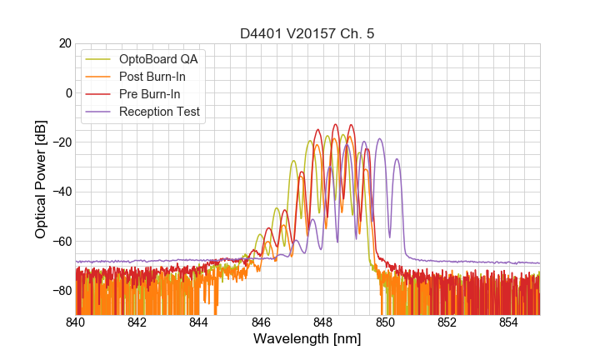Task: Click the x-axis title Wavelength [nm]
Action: click(x=307, y=340)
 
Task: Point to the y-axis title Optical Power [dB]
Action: click(x=41, y=179)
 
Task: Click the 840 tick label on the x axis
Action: click(x=76, y=322)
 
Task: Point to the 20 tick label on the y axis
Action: click(x=63, y=43)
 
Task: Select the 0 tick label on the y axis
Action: click(x=67, y=92)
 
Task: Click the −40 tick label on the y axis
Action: click(x=60, y=192)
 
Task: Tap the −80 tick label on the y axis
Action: click(x=60, y=291)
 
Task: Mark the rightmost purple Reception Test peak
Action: click(x=397, y=159)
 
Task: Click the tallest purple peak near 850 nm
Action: click(x=380, y=139)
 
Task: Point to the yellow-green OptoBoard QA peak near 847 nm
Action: click(x=293, y=161)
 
